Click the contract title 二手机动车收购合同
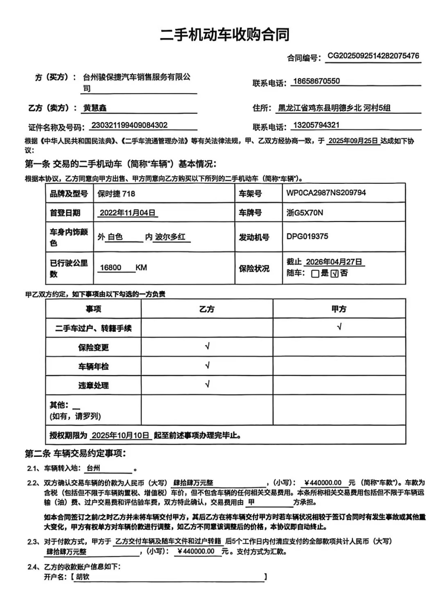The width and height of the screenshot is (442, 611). [x=225, y=35]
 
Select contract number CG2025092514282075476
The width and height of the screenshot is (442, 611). [x=373, y=56]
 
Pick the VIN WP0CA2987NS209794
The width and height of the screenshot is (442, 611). [x=326, y=192]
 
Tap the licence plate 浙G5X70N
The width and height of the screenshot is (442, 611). [x=305, y=213]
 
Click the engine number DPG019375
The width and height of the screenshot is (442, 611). [x=307, y=236]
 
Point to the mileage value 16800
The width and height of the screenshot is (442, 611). [x=111, y=268]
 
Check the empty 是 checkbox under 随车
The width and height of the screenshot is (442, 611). [x=315, y=274]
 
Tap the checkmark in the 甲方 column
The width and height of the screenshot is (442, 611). [x=339, y=327]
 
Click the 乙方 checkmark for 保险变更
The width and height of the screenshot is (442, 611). [x=207, y=347]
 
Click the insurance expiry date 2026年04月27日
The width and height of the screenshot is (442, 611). [x=333, y=262]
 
